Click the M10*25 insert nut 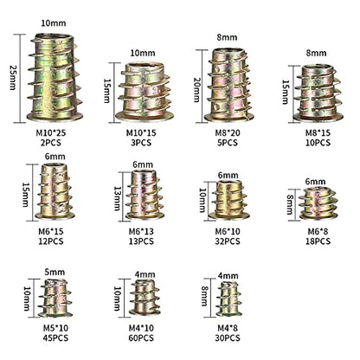click(55, 77)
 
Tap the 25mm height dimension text click(14, 77)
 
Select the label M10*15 click(141, 133)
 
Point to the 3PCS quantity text click(141, 143)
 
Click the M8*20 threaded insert click(229, 85)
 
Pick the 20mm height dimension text click(197, 90)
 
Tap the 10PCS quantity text click(318, 143)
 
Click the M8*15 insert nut click(318, 93)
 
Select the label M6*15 click(51, 231)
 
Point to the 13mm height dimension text click(117, 198)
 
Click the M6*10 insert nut click(229, 200)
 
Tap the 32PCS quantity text click(228, 241)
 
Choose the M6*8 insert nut click(318, 203)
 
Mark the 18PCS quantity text click(318, 241)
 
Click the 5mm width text click(55, 272)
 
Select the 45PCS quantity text click(55, 337)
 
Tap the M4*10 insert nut click(145, 298)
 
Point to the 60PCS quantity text click(141, 337)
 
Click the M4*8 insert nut click(229, 299)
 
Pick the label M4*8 click(228, 328)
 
